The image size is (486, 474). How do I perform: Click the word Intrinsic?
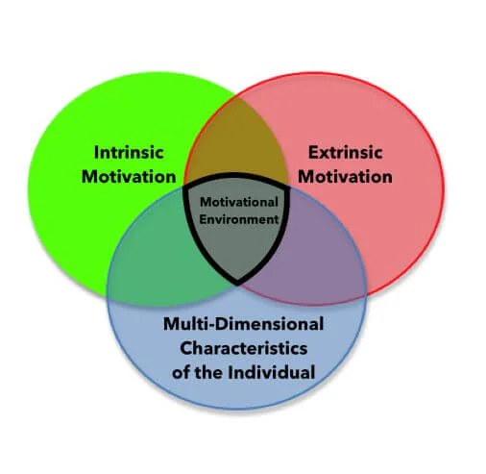pos(128,153)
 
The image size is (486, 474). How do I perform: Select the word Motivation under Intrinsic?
pos(128,177)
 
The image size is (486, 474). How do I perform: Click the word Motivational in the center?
pos(238,202)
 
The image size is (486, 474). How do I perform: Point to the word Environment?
pos(238,218)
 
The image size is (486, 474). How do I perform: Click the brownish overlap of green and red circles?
pos(236,144)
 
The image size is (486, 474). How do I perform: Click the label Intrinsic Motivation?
pos(128,164)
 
